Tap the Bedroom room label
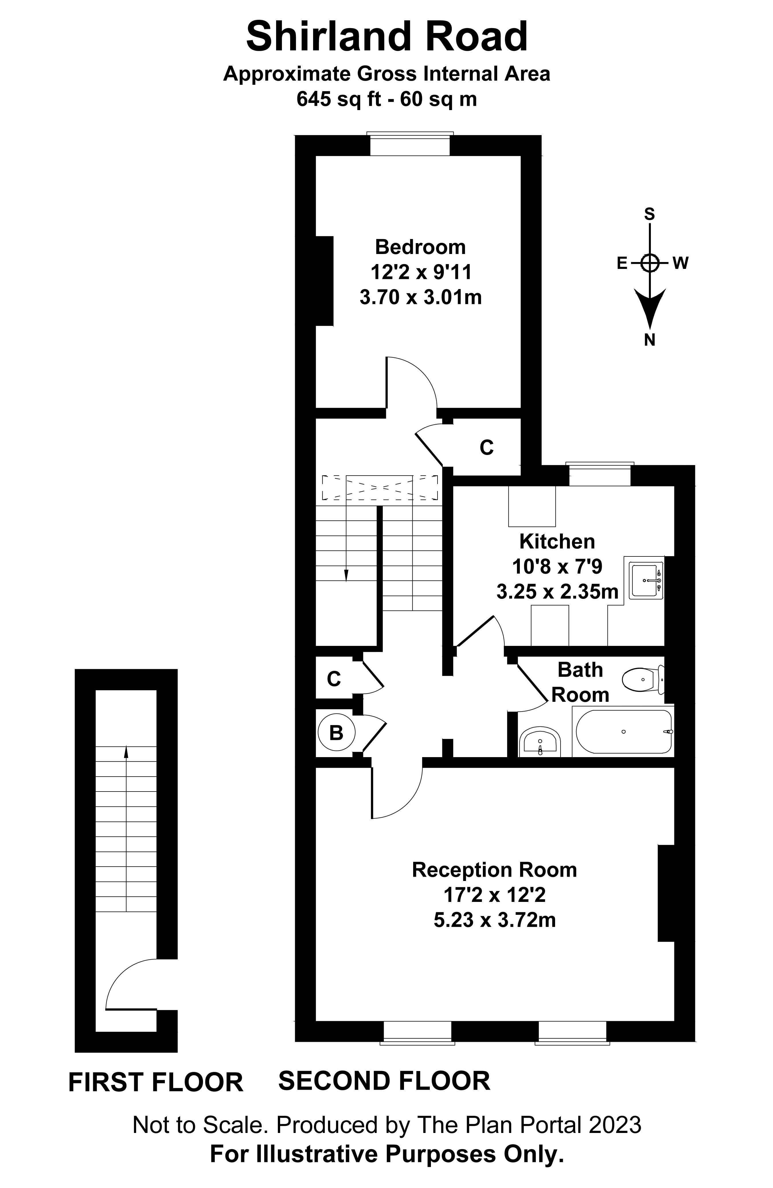pyautogui.click(x=420, y=247)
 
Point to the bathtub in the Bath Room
pyautogui.click(x=623, y=732)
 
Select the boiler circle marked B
pyautogui.click(x=336, y=733)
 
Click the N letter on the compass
pyautogui.click(x=649, y=340)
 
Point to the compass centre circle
pyautogui.click(x=649, y=263)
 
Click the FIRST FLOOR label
pyautogui.click(x=155, y=1083)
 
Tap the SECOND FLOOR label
pyautogui.click(x=384, y=1081)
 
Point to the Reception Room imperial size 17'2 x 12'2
pyautogui.click(x=494, y=895)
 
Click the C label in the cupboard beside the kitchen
pyautogui.click(x=486, y=448)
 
